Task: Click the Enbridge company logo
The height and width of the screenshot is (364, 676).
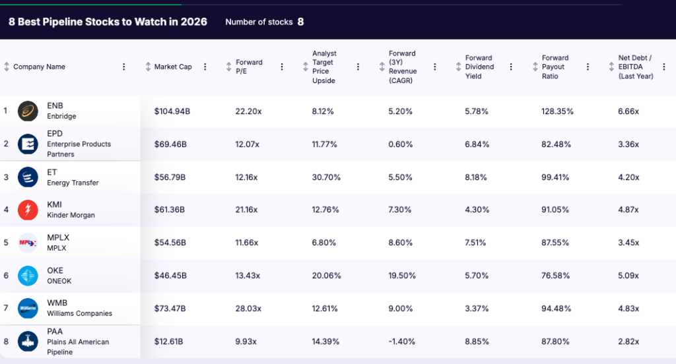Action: click(x=28, y=111)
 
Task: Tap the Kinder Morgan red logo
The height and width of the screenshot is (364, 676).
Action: click(x=28, y=210)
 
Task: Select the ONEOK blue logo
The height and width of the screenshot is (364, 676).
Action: click(x=28, y=276)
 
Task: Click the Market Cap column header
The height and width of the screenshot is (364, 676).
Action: click(x=173, y=67)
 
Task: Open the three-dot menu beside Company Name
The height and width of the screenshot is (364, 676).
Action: click(x=123, y=67)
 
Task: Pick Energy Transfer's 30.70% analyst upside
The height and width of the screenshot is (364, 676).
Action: click(x=325, y=177)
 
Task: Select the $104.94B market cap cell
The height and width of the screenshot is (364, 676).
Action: click(x=172, y=111)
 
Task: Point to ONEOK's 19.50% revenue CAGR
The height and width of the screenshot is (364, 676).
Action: click(x=402, y=276)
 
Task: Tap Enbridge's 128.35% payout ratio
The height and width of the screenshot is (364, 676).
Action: click(x=558, y=111)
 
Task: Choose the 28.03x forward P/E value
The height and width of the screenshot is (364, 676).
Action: click(x=248, y=309)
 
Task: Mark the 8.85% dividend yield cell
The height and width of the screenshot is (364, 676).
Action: click(x=477, y=342)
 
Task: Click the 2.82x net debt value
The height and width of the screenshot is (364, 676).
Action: click(x=628, y=342)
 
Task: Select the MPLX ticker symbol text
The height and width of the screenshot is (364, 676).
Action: click(x=57, y=237)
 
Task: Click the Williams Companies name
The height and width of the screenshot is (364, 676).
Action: click(x=79, y=314)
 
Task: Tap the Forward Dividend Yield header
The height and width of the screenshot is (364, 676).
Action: click(x=479, y=67)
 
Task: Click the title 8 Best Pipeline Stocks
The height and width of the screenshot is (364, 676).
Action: click(x=108, y=22)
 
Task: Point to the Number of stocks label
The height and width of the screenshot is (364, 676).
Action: click(x=259, y=22)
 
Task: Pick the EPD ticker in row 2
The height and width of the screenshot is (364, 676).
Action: click(x=55, y=134)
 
